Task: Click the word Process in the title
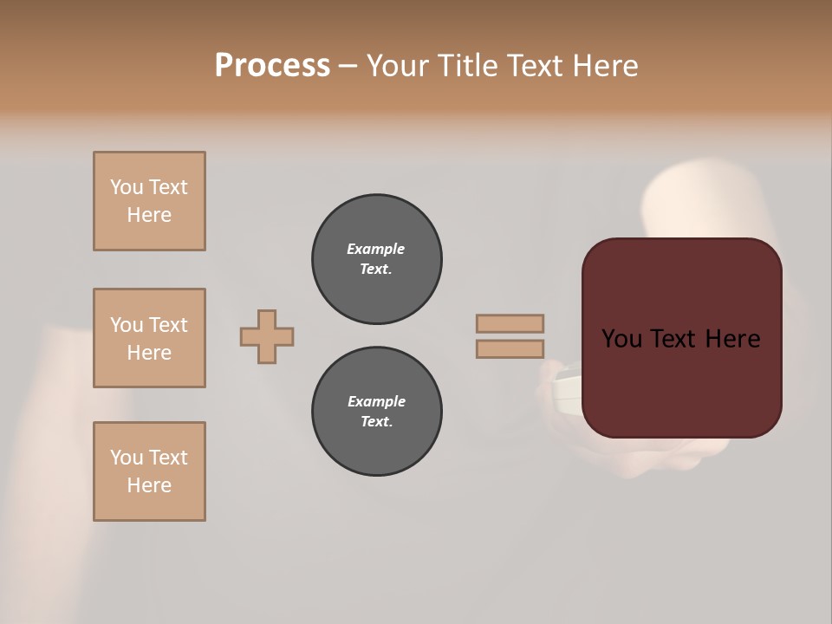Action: pyautogui.click(x=272, y=66)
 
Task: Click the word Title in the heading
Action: pyautogui.click(x=467, y=66)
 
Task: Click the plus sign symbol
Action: pyautogui.click(x=267, y=336)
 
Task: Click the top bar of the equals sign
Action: pyautogui.click(x=510, y=323)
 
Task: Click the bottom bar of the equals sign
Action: pyautogui.click(x=510, y=348)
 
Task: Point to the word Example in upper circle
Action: pyautogui.click(x=376, y=249)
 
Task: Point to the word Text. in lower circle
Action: pyautogui.click(x=376, y=421)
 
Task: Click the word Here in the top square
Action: pyautogui.click(x=149, y=215)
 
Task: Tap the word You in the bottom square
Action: pyautogui.click(x=127, y=457)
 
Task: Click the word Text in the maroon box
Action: pyautogui.click(x=682, y=339)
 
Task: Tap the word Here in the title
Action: pyautogui.click(x=603, y=66)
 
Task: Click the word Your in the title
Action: pyautogui.click(x=397, y=66)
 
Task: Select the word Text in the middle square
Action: pyautogui.click(x=167, y=325)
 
